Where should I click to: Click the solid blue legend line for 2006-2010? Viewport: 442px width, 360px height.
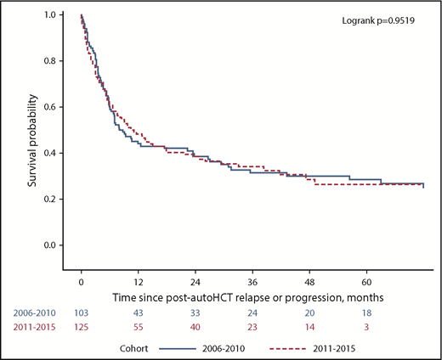coord(207,347)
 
